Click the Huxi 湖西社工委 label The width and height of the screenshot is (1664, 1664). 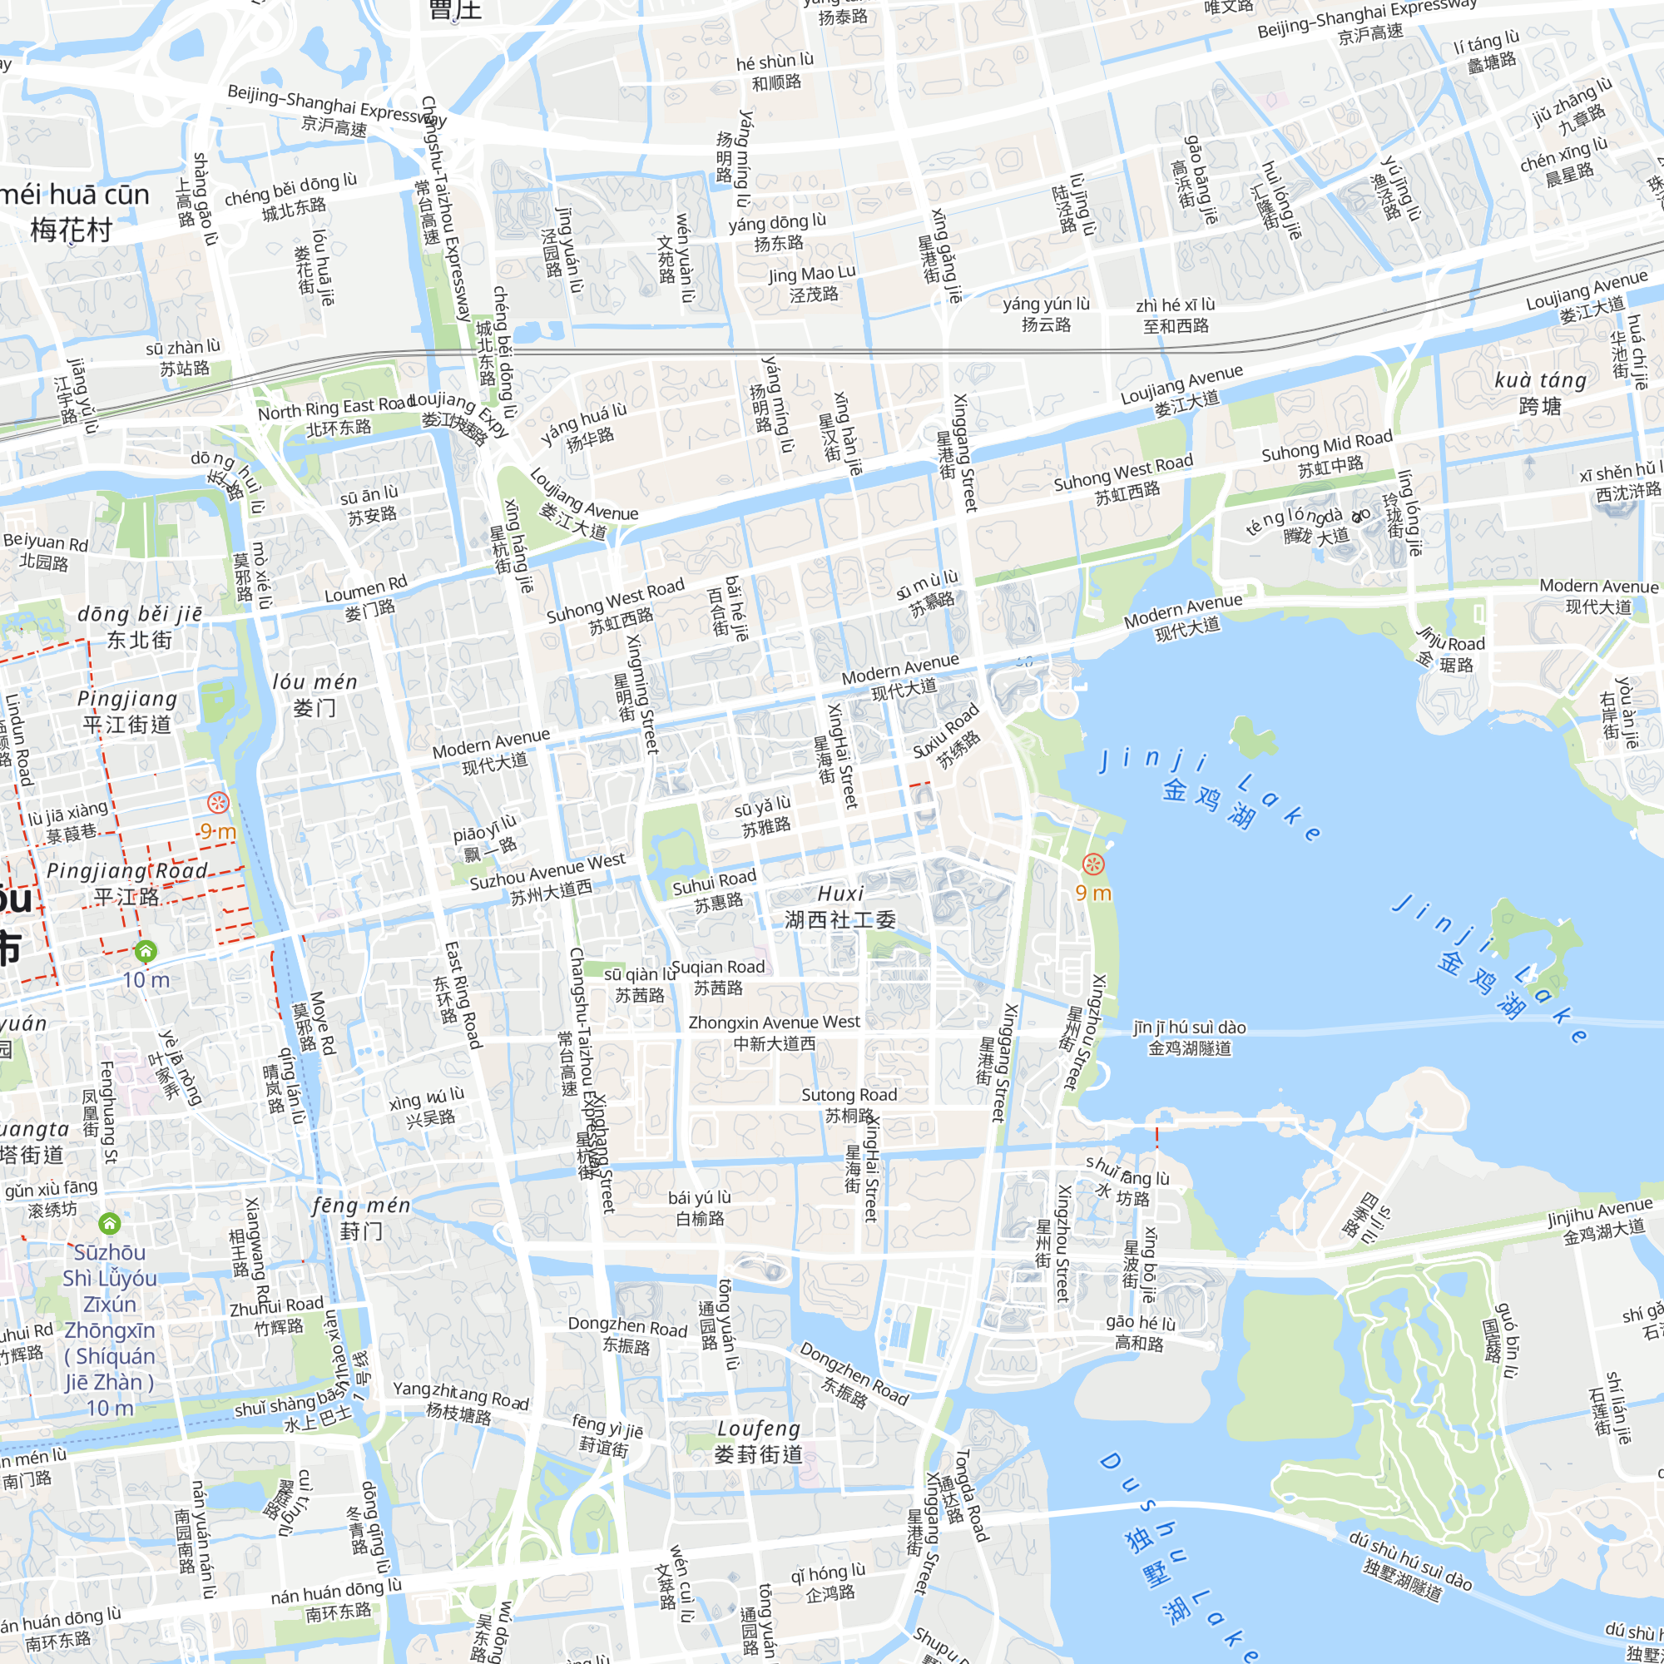click(839, 907)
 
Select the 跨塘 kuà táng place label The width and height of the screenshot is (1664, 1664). click(1540, 393)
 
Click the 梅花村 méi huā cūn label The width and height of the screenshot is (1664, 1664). click(72, 212)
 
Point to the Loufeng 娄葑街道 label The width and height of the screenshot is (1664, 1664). click(759, 1442)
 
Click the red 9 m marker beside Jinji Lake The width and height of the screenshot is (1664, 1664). click(1093, 864)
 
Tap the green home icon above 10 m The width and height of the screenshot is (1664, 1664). click(146, 951)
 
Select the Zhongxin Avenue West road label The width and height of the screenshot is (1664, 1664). click(774, 1033)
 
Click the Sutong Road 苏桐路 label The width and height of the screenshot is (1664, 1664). click(849, 1105)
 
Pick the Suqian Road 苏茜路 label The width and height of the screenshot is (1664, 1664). click(717, 977)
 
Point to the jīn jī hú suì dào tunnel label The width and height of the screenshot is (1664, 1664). click(1190, 1037)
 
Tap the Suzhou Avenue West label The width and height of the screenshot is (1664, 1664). click(547, 879)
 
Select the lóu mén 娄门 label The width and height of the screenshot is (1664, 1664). click(314, 694)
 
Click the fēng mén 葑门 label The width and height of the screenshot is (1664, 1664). click(361, 1218)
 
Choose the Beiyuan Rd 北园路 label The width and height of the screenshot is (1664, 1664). click(45, 552)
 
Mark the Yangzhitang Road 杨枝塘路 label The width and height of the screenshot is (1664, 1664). click(460, 1401)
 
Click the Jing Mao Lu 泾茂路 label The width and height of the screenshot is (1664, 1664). click(812, 284)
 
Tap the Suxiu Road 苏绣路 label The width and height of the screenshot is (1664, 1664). click(948, 737)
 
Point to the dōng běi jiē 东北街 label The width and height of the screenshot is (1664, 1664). click(140, 626)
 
